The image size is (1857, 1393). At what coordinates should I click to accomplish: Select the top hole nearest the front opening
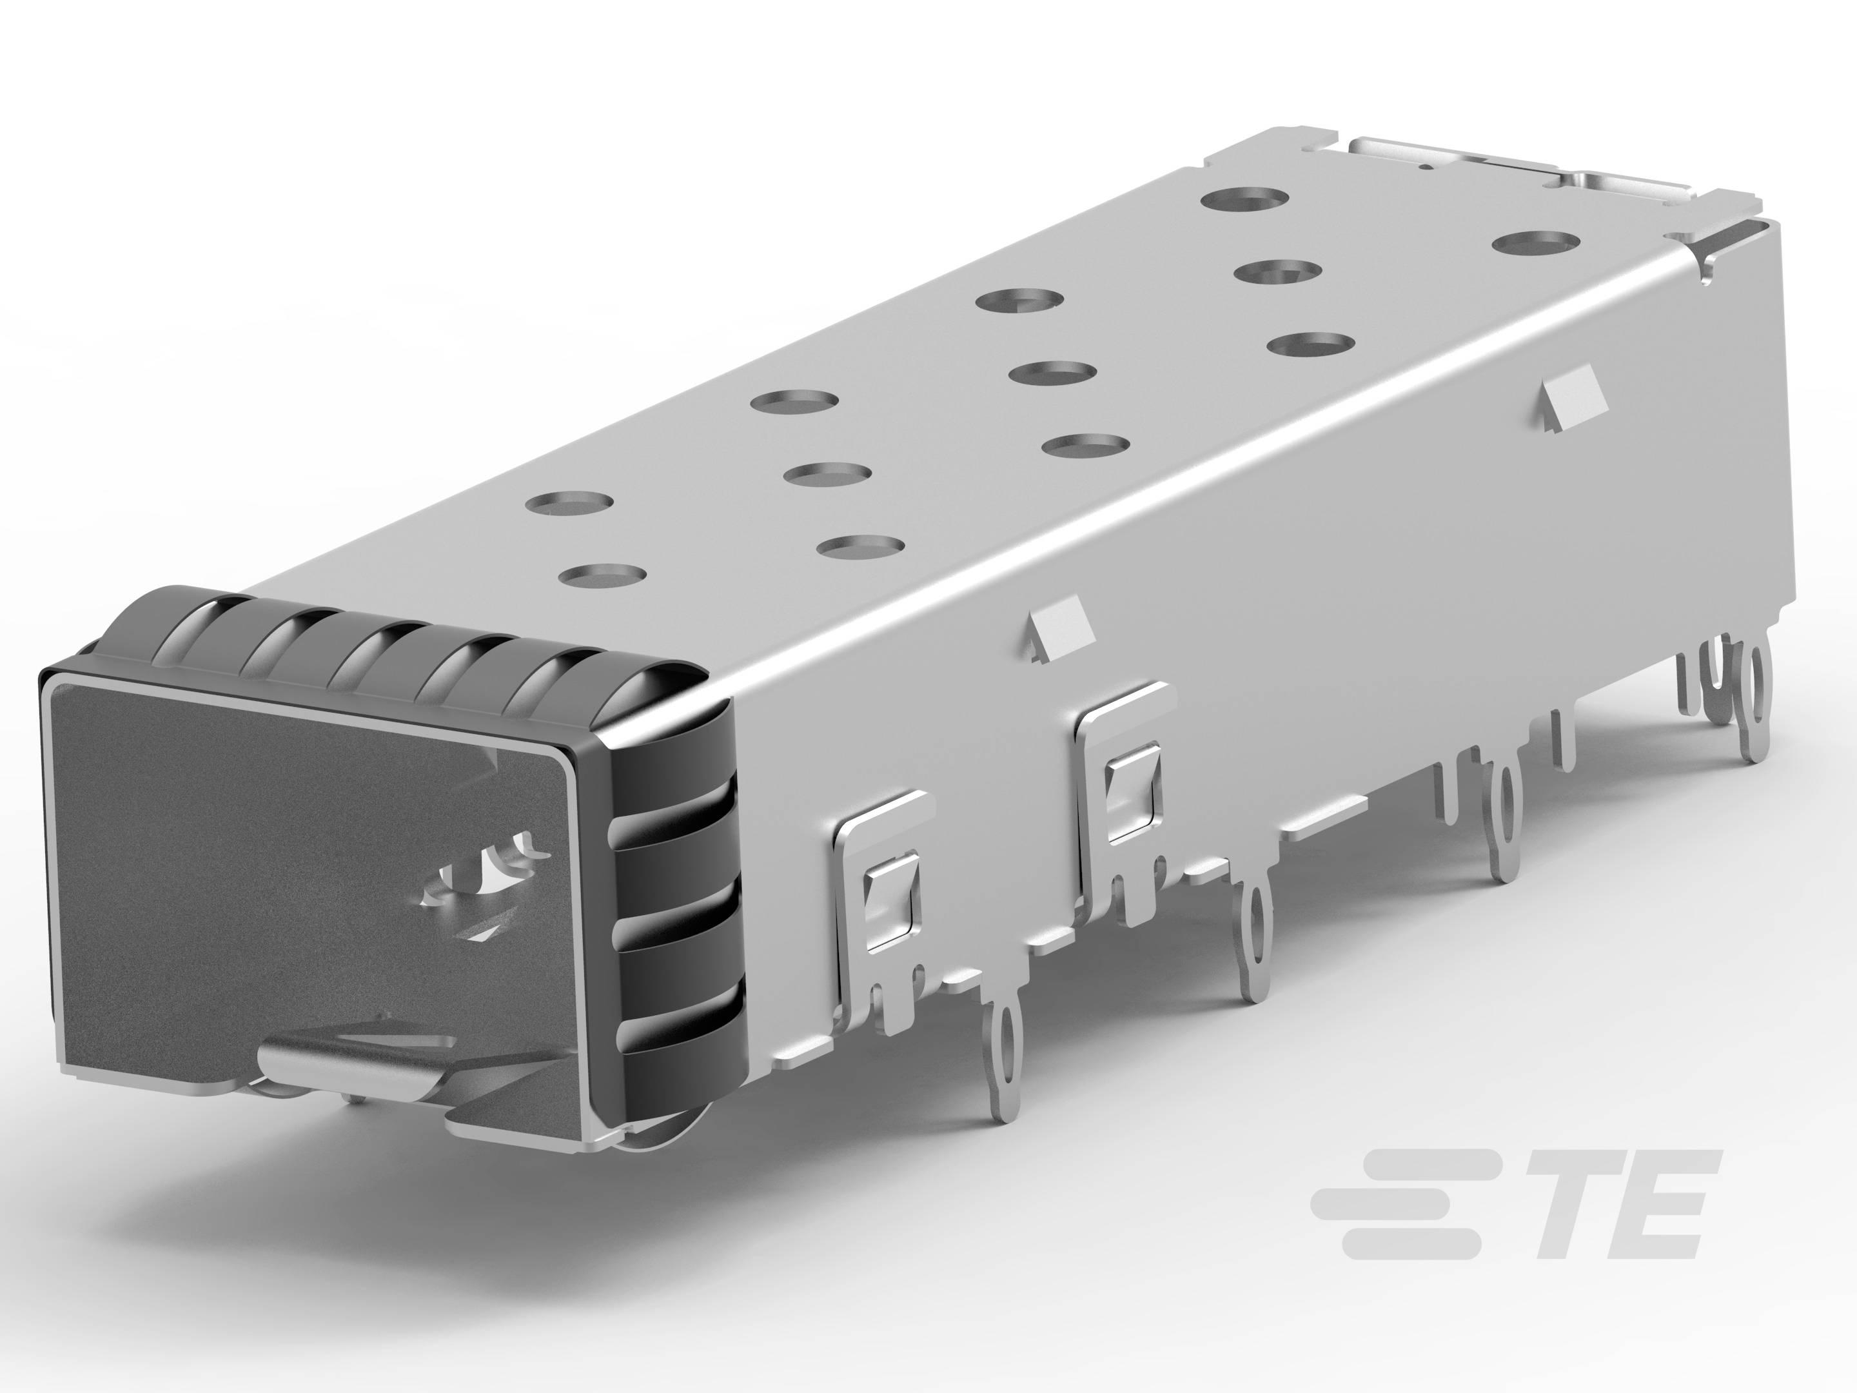pos(602,576)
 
